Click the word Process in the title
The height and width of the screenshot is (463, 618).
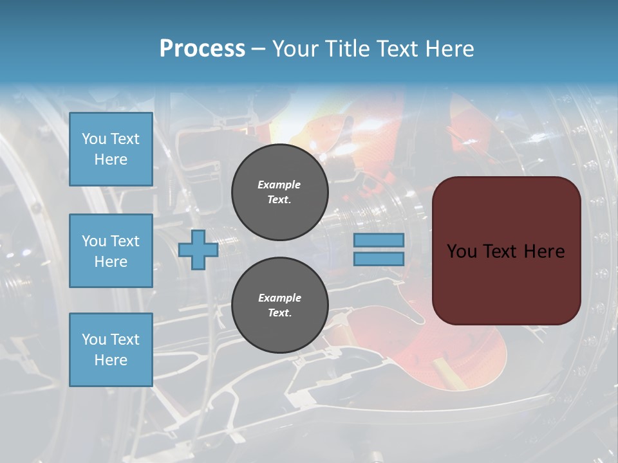pyautogui.click(x=202, y=49)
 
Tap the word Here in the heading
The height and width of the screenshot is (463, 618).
pyautogui.click(x=449, y=49)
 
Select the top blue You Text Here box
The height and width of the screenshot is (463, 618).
pyautogui.click(x=111, y=149)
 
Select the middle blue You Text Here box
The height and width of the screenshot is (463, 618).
pyautogui.click(x=111, y=251)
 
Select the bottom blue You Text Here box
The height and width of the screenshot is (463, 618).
pyautogui.click(x=111, y=350)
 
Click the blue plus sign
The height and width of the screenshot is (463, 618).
pyautogui.click(x=198, y=250)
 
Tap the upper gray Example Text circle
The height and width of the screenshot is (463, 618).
pyautogui.click(x=279, y=192)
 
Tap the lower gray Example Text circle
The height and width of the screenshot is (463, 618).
pyautogui.click(x=279, y=305)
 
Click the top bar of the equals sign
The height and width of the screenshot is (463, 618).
pyautogui.click(x=379, y=241)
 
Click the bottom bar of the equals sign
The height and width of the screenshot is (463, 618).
pyautogui.click(x=379, y=259)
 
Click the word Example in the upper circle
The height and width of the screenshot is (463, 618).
pyautogui.click(x=279, y=185)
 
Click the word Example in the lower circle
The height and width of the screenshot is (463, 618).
pyautogui.click(x=279, y=298)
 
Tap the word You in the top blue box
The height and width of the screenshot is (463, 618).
pyautogui.click(x=93, y=139)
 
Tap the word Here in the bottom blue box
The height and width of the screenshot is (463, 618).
pyautogui.click(x=111, y=360)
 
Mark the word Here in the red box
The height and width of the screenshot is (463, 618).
pyautogui.click(x=545, y=251)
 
